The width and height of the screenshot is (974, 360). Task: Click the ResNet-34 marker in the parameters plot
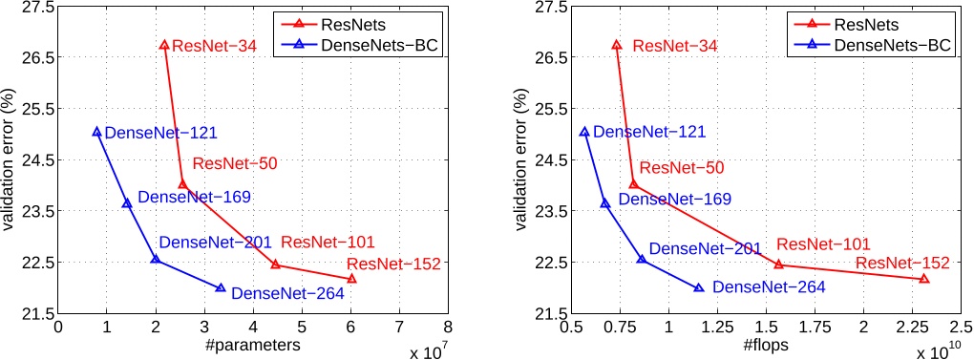click(x=164, y=45)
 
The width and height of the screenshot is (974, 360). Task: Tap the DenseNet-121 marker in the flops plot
click(x=584, y=132)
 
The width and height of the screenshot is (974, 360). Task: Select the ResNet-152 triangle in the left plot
click(x=352, y=278)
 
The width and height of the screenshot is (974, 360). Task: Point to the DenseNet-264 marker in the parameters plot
click(x=221, y=287)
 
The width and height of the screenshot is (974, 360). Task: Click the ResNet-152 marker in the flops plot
click(x=923, y=278)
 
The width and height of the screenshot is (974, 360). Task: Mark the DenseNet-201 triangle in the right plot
click(x=642, y=259)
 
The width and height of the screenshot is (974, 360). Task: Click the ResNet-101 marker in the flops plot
click(x=778, y=264)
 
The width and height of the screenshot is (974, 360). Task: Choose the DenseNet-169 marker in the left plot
click(x=127, y=202)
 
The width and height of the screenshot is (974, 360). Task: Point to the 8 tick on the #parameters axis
click(x=448, y=327)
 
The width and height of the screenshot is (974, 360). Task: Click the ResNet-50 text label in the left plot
click(x=234, y=163)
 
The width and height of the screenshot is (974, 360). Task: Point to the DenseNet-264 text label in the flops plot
click(x=768, y=286)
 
